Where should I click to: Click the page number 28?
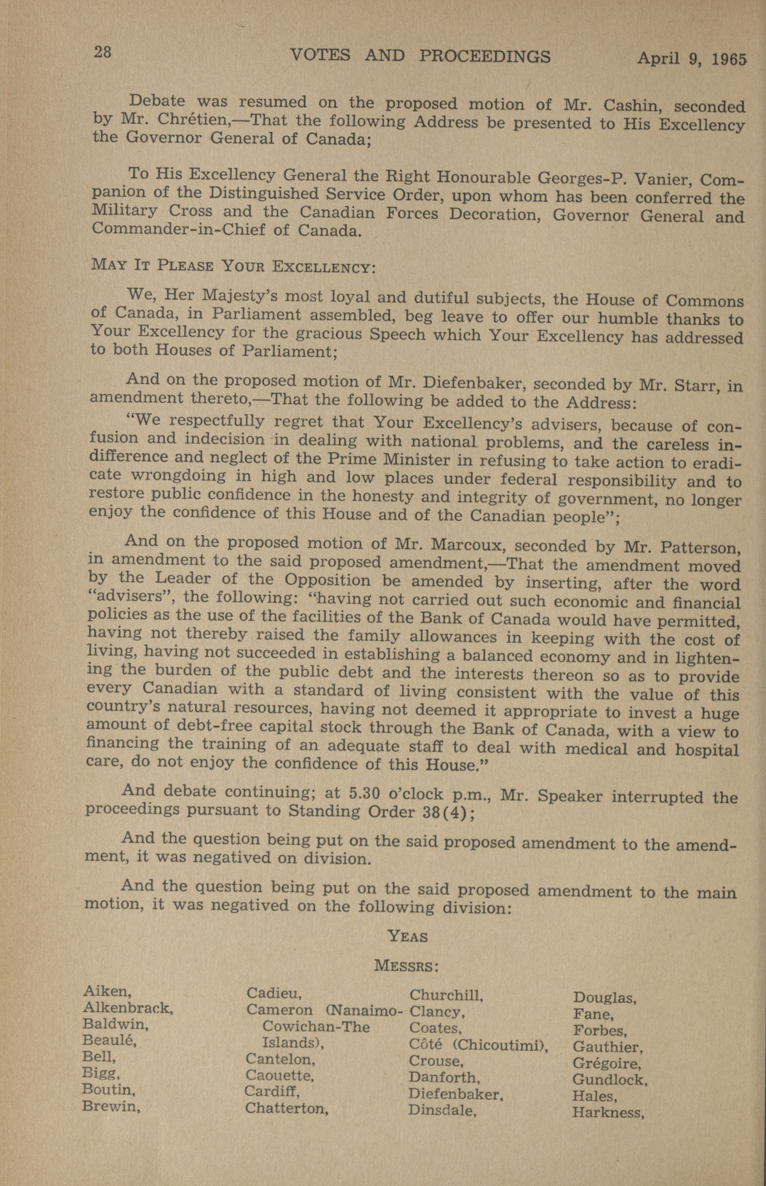pos(103,52)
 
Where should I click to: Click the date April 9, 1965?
pos(692,59)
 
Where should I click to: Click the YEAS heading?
pos(407,937)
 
